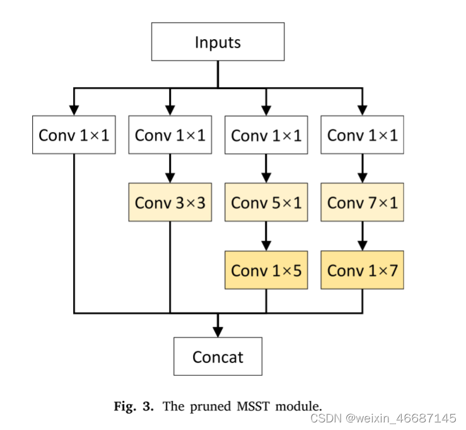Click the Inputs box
218,43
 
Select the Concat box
218,357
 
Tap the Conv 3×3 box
170,203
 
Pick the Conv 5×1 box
266,203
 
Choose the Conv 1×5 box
266,270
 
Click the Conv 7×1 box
362,203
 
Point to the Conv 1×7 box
362,270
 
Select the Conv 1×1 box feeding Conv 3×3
170,135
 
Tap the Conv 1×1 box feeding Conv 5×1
266,135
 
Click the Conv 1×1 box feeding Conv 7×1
362,135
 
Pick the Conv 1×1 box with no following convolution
74,135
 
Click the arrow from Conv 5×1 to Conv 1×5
266,236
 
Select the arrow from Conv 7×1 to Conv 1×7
362,236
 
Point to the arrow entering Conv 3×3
170,169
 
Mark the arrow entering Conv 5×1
266,169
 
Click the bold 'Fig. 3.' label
133,406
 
